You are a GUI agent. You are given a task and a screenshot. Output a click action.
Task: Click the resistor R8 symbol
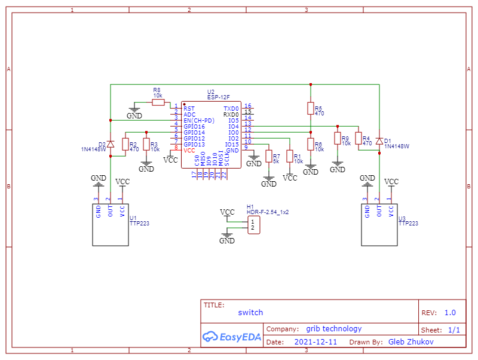pos(158,103)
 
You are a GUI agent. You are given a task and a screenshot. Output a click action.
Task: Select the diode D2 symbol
pos(111,144)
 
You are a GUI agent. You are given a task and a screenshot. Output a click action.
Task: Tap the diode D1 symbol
pos(379,141)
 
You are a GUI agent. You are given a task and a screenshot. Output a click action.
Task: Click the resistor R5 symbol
pos(310,108)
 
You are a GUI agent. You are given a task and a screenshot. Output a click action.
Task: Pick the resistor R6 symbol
pos(310,144)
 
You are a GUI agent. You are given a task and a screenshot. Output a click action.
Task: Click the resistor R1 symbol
pos(290,156)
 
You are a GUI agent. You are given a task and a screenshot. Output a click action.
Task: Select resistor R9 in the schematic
pos(338,139)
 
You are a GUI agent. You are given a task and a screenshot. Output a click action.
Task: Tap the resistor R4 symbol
pos(358,139)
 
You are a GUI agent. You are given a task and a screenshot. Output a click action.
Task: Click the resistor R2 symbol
pos(125,144)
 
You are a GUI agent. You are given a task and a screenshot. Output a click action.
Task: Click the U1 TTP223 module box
pos(111,224)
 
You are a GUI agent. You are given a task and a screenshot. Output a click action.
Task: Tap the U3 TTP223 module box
pos(379,224)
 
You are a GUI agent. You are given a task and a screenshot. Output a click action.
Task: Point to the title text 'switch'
pos(250,312)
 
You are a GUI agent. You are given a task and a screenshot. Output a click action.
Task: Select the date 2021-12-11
pos(315,342)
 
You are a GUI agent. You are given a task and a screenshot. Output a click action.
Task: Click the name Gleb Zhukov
pos(410,342)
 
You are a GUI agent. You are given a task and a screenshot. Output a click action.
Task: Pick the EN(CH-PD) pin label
pos(198,120)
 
